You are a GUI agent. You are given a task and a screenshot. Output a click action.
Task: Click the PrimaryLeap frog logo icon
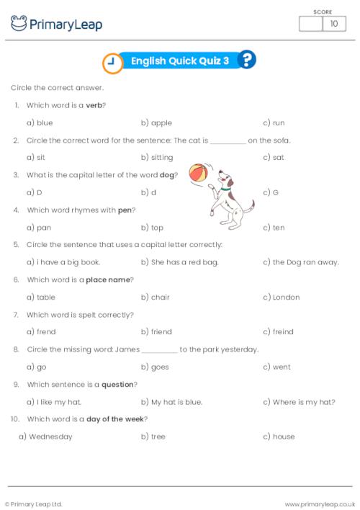click(x=19, y=24)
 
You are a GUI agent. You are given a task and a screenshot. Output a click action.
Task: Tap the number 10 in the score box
click(x=333, y=24)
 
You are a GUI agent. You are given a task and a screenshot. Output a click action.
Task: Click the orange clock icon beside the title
click(x=111, y=63)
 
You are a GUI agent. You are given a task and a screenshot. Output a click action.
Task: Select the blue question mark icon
click(x=246, y=61)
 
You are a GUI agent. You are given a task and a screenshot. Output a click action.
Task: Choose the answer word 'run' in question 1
click(x=279, y=123)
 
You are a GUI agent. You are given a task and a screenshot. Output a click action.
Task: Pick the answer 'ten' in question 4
click(x=278, y=228)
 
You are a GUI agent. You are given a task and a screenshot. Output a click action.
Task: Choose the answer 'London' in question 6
click(x=286, y=297)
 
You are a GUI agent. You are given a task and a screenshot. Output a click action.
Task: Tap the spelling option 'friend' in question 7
click(x=161, y=332)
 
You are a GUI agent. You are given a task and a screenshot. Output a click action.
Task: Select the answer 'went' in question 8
click(x=281, y=367)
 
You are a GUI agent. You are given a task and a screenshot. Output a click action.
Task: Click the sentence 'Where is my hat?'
click(x=303, y=402)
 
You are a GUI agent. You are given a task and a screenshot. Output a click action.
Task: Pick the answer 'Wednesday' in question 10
click(x=50, y=437)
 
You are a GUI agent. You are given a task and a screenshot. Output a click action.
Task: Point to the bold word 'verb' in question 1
click(x=94, y=105)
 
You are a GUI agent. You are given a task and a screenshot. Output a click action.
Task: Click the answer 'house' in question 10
click(x=283, y=437)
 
